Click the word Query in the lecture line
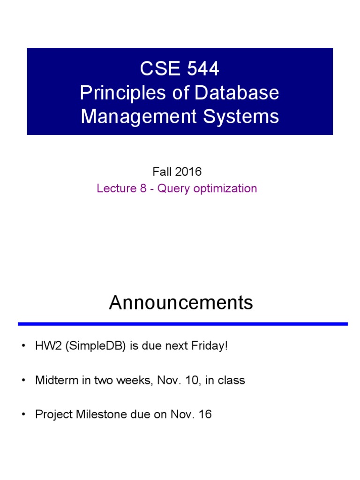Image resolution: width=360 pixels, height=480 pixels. (x=171, y=188)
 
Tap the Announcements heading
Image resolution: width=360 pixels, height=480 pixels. (x=180, y=303)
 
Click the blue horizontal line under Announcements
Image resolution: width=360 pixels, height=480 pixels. (x=183, y=324)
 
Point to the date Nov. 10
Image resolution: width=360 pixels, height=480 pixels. (x=172, y=380)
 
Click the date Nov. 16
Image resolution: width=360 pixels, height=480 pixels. (x=195, y=414)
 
